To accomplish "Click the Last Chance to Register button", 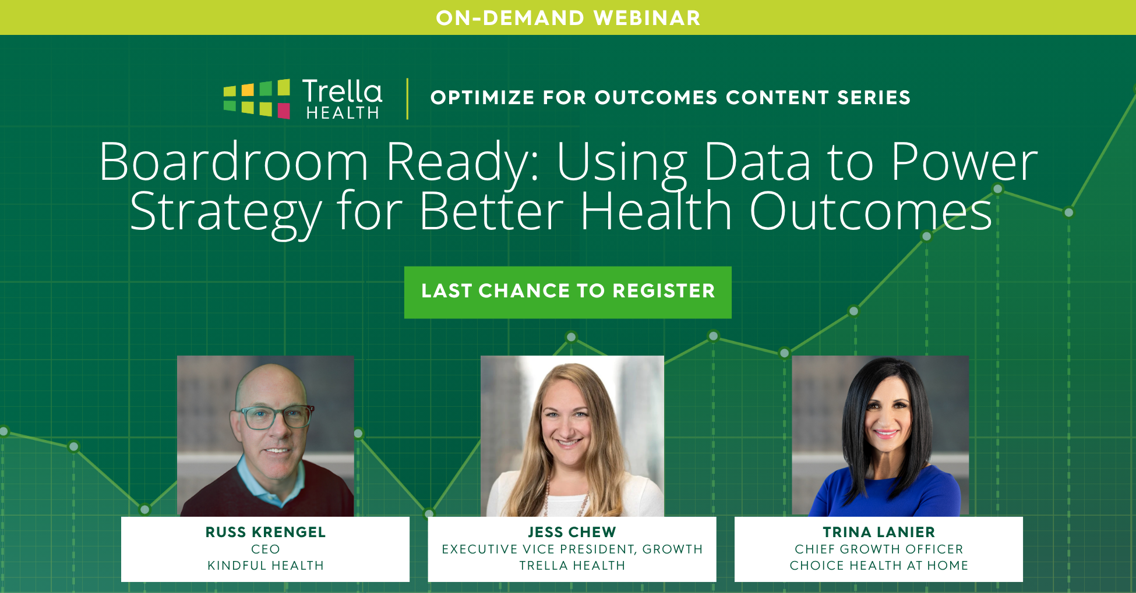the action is (568, 292).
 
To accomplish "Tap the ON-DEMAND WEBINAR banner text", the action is (568, 18).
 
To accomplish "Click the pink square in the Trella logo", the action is (284, 111).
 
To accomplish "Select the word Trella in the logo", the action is (342, 91).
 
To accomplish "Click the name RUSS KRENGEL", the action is (266, 532).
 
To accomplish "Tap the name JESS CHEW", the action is (572, 532).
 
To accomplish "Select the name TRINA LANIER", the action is (879, 532).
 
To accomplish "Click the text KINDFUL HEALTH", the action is (266, 565).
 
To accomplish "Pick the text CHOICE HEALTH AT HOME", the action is (879, 565).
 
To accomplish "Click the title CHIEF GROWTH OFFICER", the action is (879, 549).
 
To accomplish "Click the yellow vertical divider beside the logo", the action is (407, 98).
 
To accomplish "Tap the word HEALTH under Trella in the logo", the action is (343, 113).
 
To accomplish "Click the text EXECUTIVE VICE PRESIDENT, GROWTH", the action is (572, 549).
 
